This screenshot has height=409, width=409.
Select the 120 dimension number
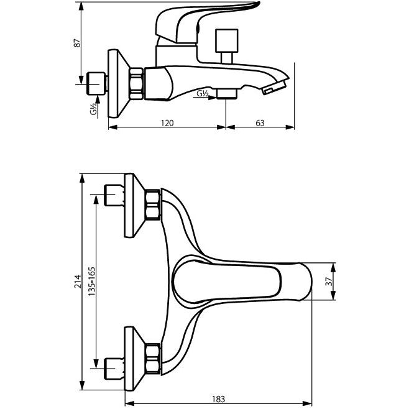point(167,122)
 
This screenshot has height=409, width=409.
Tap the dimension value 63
point(259,122)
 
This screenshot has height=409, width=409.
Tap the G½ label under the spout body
point(203,94)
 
